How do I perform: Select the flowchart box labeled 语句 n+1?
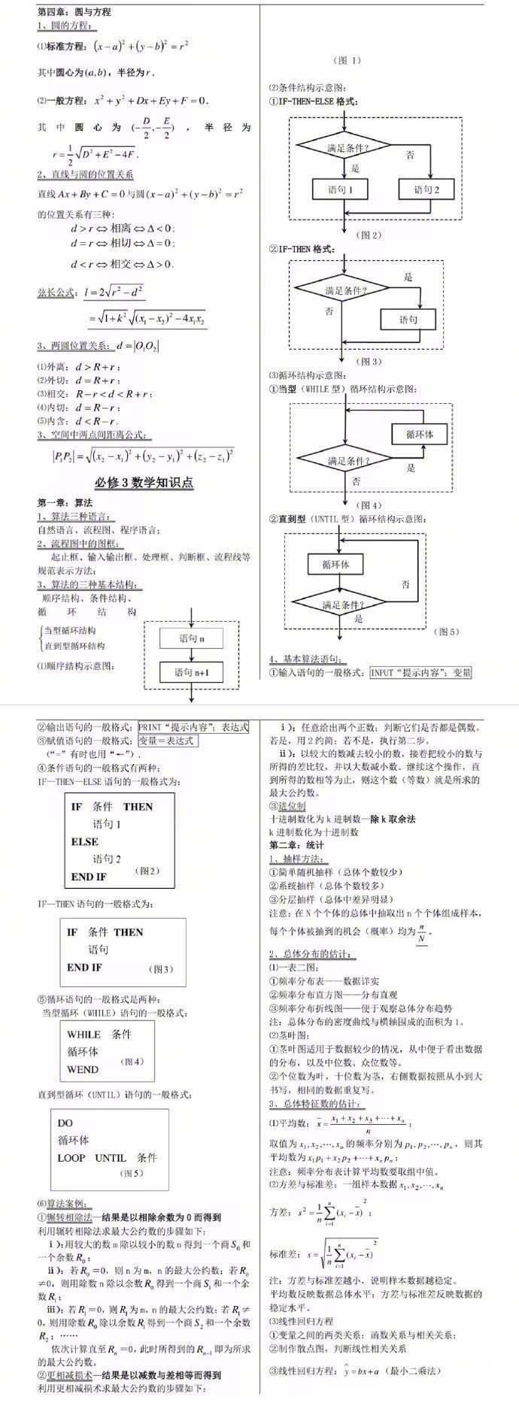point(191,673)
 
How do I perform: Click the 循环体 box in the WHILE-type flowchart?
point(419,435)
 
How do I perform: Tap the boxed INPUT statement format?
point(420,673)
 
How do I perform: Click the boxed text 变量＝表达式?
point(166,741)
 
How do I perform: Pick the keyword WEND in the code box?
point(83,1069)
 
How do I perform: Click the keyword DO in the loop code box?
point(65,1123)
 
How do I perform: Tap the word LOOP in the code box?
point(71,1157)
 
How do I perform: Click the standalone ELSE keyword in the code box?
point(84,841)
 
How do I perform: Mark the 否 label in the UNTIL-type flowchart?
point(405,583)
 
